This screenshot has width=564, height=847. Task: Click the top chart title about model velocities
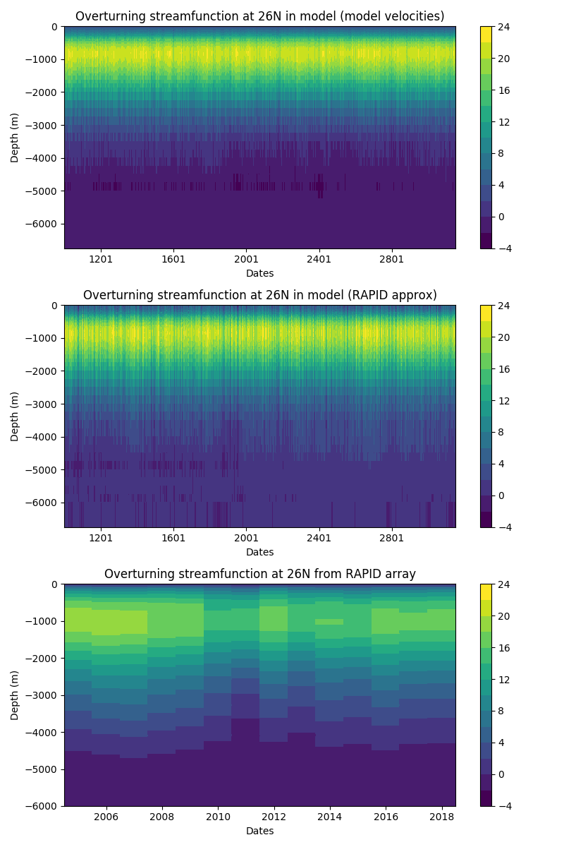click(x=259, y=16)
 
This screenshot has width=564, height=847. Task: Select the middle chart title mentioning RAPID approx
click(x=259, y=295)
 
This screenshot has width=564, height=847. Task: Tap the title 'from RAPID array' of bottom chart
click(x=259, y=574)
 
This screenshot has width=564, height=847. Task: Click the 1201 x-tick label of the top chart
click(x=101, y=258)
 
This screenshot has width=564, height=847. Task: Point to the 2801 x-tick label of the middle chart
click(x=391, y=537)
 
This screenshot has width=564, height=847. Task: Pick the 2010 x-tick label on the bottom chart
click(x=217, y=816)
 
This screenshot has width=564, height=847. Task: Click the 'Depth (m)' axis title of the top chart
click(x=15, y=138)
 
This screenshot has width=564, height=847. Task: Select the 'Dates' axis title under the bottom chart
click(x=259, y=831)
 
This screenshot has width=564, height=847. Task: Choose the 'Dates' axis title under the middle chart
click(x=259, y=552)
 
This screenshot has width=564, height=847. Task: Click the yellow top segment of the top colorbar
click(x=486, y=35)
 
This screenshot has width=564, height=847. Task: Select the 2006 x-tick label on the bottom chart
click(x=106, y=816)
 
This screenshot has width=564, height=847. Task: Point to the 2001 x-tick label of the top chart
click(x=246, y=258)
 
